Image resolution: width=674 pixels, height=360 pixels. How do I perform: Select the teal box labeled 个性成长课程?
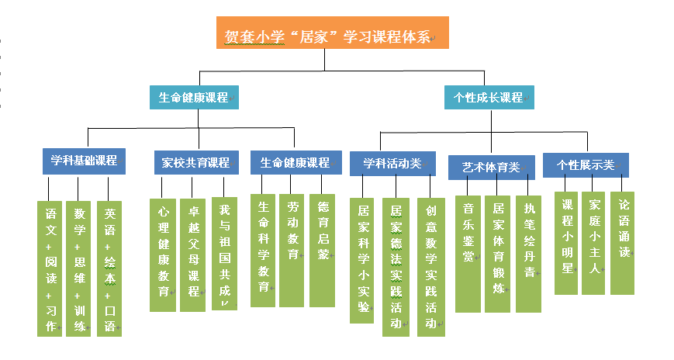(489, 98)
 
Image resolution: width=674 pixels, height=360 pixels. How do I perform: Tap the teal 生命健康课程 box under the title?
(194, 98)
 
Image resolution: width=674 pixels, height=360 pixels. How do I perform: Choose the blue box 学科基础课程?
(84, 161)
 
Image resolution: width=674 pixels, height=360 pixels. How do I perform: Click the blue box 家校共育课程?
(196, 162)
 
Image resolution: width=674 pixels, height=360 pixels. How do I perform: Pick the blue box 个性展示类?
(586, 164)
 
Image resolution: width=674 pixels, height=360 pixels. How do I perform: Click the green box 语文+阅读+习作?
(50, 268)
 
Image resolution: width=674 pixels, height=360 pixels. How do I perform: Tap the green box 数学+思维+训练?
(78, 268)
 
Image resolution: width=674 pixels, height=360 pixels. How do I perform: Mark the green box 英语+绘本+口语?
(109, 268)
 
